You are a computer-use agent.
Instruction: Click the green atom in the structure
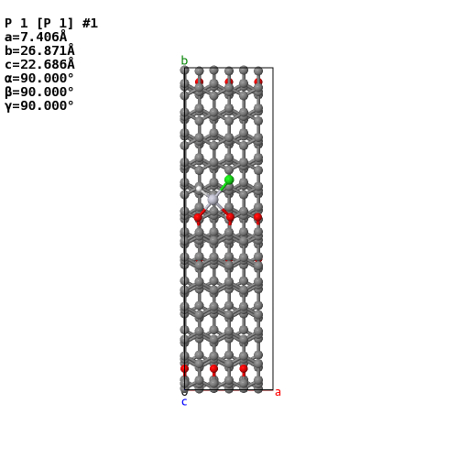tap(229, 180)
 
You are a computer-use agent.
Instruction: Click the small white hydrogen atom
tap(199, 189)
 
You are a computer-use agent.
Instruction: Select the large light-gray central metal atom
tap(213, 200)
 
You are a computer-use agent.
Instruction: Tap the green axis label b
tap(184, 60)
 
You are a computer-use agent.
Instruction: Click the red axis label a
tap(278, 392)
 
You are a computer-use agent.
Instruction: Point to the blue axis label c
tap(184, 402)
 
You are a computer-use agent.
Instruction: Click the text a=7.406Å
tap(36, 37)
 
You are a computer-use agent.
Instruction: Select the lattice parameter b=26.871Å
tap(39, 50)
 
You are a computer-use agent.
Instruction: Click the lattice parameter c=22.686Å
tap(39, 64)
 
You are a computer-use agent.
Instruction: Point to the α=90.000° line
tap(39, 78)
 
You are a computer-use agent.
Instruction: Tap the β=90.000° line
tap(39, 92)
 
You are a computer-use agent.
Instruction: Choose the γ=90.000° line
tap(39, 105)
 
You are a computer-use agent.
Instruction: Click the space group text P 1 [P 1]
tap(39, 24)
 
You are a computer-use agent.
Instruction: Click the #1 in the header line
tap(90, 24)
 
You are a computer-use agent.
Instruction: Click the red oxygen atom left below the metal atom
tap(198, 217)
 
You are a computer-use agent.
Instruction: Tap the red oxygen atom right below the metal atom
tap(230, 217)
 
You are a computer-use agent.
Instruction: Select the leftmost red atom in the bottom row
tap(184, 368)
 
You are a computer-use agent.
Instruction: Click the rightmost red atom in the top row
tap(258, 82)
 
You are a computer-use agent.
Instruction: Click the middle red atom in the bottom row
tap(213, 368)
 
